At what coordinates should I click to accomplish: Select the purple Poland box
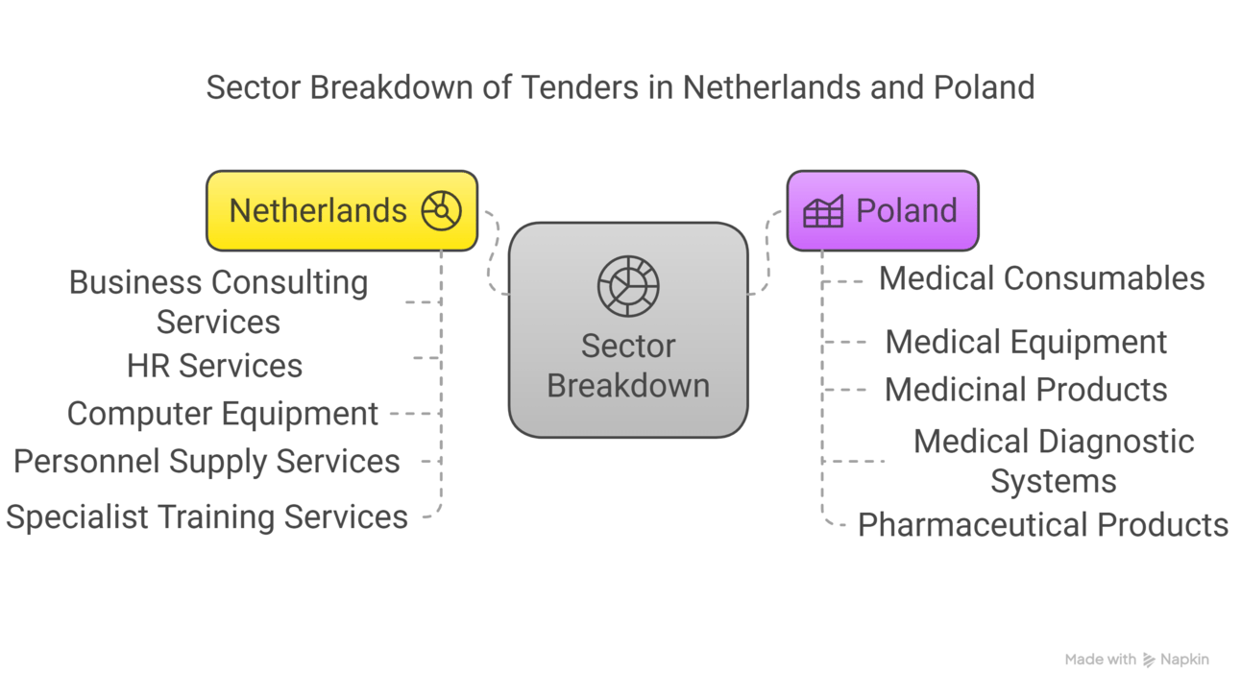coord(882,210)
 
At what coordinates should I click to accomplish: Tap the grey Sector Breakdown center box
coord(627,330)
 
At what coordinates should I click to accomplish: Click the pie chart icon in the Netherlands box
coord(442,210)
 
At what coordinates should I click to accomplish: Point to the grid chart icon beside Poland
coord(823,211)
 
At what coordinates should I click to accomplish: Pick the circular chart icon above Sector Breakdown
coord(628,285)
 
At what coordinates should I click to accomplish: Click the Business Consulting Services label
coord(218,301)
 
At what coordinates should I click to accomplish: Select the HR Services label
coord(214,366)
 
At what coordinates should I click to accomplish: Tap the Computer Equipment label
coord(222,414)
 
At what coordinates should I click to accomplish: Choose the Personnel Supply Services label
coord(207,462)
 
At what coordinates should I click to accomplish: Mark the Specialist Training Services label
coord(207,517)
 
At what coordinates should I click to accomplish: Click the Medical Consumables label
coord(1041,278)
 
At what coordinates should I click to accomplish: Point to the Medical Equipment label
coord(1026,342)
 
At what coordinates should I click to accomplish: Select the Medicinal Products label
coord(1026,390)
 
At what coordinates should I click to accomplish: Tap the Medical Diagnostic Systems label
coord(1054,461)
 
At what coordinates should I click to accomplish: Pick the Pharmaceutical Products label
coord(1042,525)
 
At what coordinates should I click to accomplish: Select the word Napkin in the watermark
coord(1184,660)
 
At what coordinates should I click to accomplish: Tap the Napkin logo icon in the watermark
coord(1149,660)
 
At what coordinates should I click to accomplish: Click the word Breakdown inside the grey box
coord(628,386)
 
